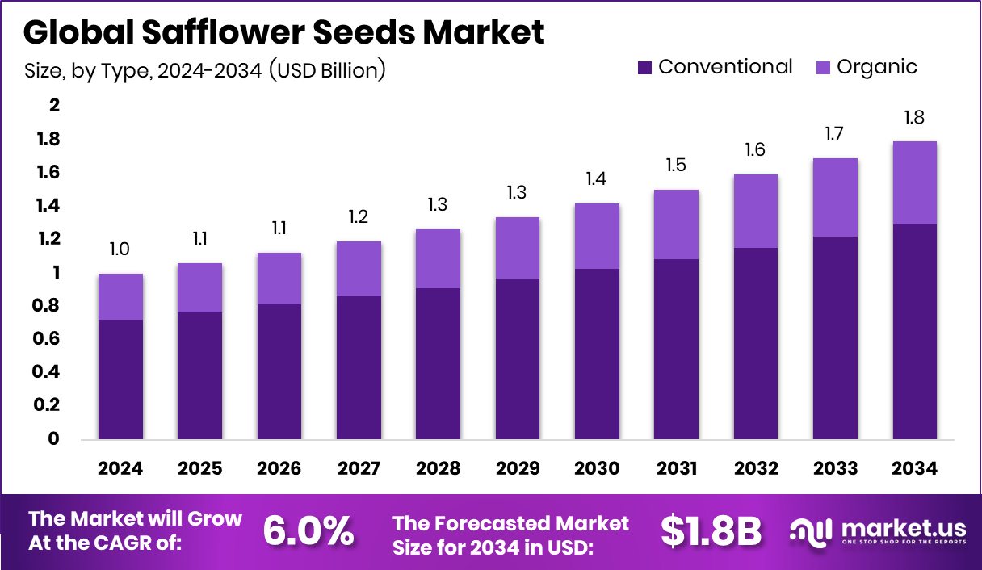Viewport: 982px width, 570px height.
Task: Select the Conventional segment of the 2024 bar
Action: (120, 379)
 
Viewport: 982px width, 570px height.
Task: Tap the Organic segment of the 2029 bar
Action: (517, 248)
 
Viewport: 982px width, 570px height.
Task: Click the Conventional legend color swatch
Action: (644, 67)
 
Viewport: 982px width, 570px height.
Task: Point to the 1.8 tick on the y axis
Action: (48, 140)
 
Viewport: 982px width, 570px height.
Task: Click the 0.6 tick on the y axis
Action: (48, 339)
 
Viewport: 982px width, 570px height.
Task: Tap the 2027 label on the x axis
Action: (359, 469)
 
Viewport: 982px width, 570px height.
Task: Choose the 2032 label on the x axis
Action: (756, 469)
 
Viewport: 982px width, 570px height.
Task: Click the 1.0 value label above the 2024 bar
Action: (120, 250)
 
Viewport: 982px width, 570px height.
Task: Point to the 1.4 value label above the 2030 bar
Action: (596, 179)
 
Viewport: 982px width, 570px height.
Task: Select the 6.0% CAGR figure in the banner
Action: (308, 531)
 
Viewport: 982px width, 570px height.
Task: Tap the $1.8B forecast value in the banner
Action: (711, 531)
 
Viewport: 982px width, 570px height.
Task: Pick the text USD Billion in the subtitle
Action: (325, 71)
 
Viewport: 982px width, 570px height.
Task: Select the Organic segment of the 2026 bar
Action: (279, 279)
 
